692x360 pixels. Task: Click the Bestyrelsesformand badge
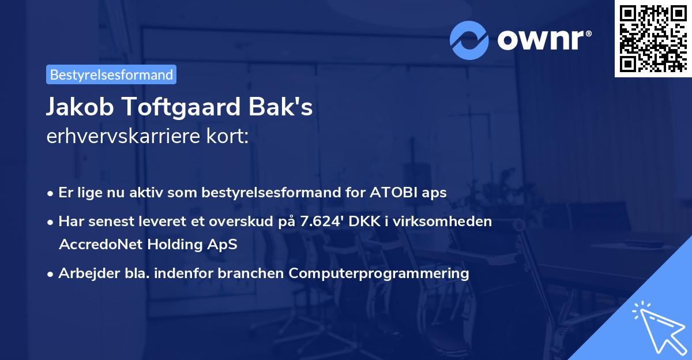(111, 74)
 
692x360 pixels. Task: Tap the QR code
(652, 38)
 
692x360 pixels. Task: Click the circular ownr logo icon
(469, 40)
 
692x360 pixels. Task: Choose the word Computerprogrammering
(379, 273)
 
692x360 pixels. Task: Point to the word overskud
(257, 222)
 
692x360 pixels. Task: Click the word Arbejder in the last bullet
(83, 273)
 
